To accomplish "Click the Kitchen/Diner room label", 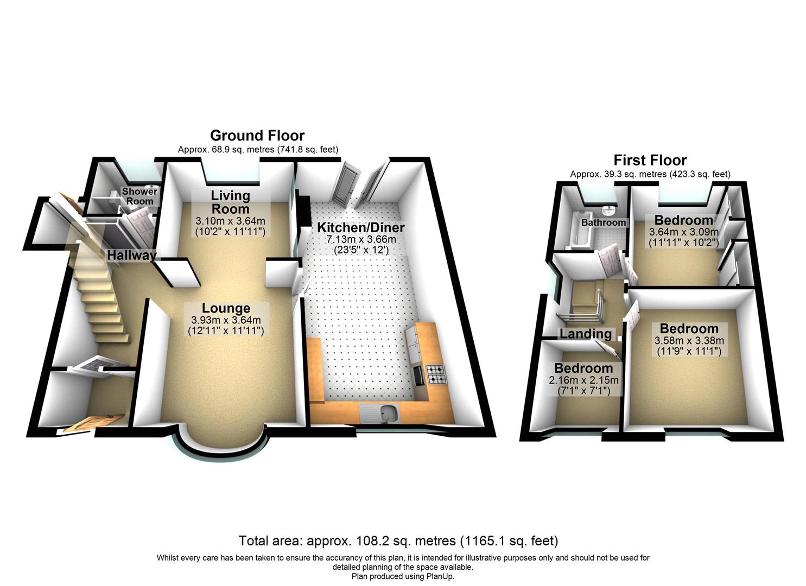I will (360, 227).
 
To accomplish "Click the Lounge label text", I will (226, 308).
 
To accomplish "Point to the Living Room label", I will (230, 202).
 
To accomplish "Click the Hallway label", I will (131, 255).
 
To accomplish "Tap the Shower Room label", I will (139, 196).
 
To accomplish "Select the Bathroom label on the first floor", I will (603, 222).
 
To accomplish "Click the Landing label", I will (586, 334).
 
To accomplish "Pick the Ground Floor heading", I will (257, 135).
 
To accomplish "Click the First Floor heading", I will (650, 160).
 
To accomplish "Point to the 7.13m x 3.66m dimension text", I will (360, 239).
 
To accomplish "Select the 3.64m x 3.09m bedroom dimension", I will (683, 232).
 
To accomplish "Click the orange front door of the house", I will (92, 423).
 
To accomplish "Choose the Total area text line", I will (398, 540).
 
